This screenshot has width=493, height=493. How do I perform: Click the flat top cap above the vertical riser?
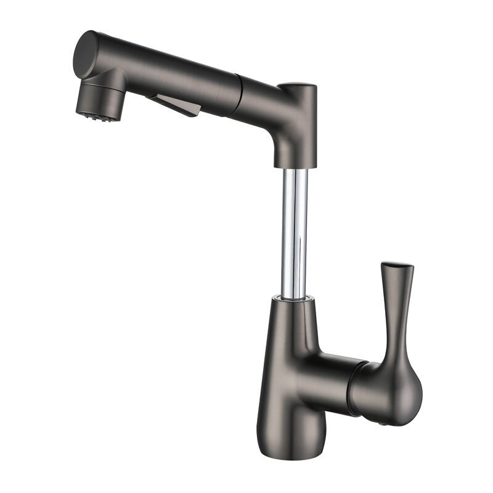tap(296, 86)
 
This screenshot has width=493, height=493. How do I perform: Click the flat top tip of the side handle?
tap(397, 266)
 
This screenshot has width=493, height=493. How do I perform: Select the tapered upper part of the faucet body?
tap(293, 333)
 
